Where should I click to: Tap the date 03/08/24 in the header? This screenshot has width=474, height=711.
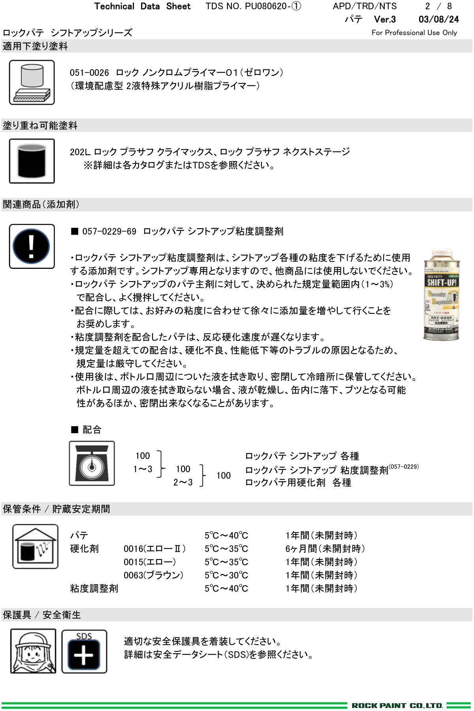click(x=438, y=19)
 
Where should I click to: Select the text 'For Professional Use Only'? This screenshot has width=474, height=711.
click(x=414, y=33)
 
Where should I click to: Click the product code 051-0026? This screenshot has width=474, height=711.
click(x=89, y=73)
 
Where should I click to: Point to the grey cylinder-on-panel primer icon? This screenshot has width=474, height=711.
click(x=32, y=83)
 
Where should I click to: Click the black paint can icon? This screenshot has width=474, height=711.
click(x=32, y=161)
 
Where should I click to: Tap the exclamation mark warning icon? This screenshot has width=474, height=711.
click(x=32, y=246)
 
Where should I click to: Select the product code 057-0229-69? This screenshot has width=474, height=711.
click(x=109, y=231)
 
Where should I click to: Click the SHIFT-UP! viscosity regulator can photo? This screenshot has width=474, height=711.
click(x=441, y=295)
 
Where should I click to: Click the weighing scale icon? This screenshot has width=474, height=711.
click(x=92, y=463)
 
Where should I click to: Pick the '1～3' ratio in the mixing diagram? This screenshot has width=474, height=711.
click(x=143, y=469)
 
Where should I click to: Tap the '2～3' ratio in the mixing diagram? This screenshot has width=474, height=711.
click(x=183, y=482)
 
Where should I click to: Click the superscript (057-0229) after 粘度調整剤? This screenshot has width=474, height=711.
click(x=404, y=467)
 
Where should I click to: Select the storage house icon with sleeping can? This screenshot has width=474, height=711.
click(x=35, y=546)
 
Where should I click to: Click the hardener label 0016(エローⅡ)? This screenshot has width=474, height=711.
click(x=154, y=549)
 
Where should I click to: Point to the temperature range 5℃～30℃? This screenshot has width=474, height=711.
click(x=226, y=575)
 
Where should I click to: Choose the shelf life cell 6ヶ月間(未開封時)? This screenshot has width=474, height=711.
click(x=325, y=549)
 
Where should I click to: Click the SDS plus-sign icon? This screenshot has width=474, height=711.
click(x=84, y=651)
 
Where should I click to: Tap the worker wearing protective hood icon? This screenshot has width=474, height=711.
click(x=33, y=651)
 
